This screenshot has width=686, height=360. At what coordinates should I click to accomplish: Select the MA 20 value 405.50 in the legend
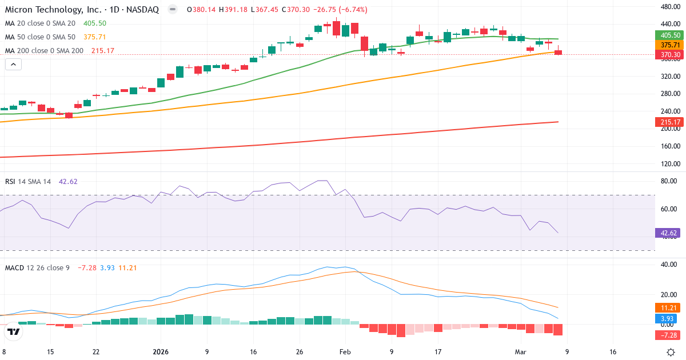tap(94, 23)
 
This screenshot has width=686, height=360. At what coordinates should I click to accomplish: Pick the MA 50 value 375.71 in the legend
tap(94, 37)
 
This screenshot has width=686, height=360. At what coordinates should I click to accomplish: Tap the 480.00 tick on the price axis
tap(669, 7)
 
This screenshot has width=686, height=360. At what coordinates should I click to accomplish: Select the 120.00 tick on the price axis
tap(669, 164)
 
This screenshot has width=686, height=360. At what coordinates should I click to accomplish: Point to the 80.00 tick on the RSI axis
tap(668, 181)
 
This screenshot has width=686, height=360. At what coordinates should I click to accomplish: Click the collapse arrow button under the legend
tap(13, 65)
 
